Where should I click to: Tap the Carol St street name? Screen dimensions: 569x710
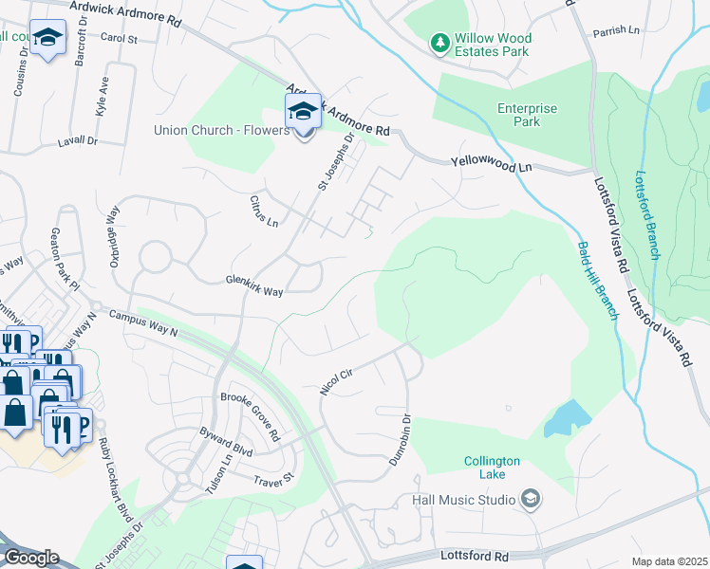(x=119, y=40)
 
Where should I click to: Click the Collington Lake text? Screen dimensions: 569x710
(x=492, y=468)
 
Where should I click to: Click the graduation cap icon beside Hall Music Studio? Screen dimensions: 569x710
(x=531, y=499)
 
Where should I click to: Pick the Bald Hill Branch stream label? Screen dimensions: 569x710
(x=597, y=279)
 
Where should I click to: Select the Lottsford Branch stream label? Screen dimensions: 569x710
(x=647, y=215)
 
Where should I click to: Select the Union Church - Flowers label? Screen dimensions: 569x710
(x=221, y=130)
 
